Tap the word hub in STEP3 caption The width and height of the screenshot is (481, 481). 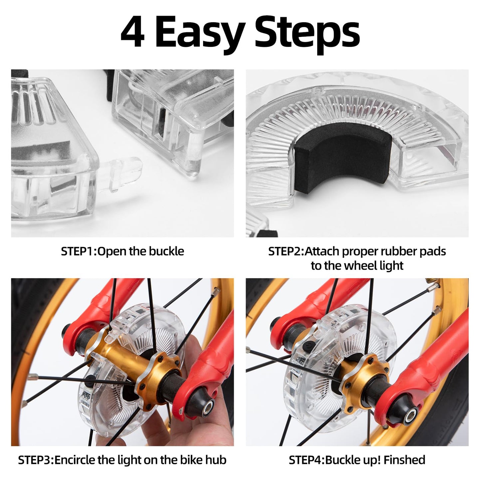coord(217,460)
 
